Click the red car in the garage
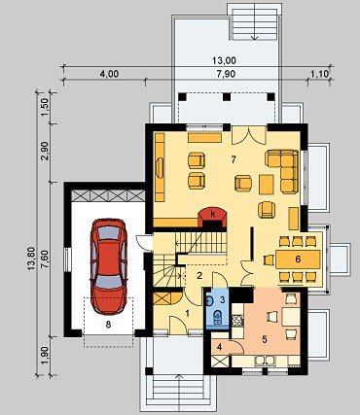(x=109, y=266)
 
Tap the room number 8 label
(x=108, y=325)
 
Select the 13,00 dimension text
(x=224, y=60)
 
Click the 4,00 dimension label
(x=109, y=74)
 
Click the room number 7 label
(x=234, y=159)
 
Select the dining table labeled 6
(x=298, y=259)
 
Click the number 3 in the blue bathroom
(x=222, y=299)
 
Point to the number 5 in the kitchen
(x=265, y=339)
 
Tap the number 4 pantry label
(x=220, y=348)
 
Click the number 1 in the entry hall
(x=187, y=313)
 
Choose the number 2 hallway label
(x=199, y=276)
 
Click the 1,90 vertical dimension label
(x=45, y=356)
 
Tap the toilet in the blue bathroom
(x=217, y=316)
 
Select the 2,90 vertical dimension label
(x=45, y=151)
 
